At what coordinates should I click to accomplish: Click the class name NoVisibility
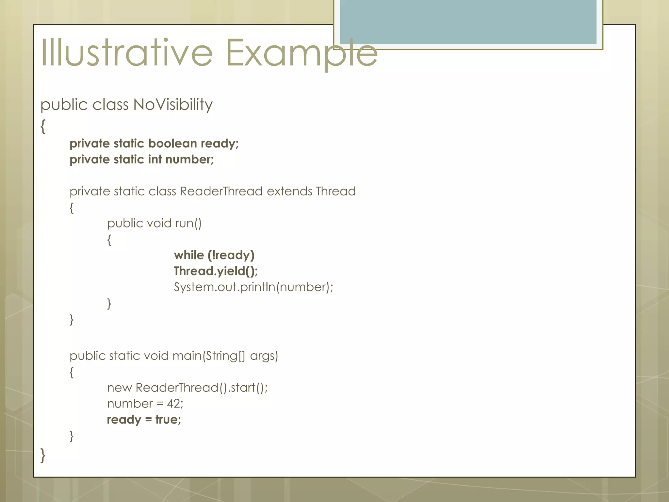click(173, 105)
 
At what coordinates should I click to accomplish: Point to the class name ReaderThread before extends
click(221, 191)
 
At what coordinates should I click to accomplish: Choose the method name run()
click(188, 223)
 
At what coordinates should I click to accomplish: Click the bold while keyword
click(189, 255)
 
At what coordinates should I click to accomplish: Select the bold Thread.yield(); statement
click(216, 271)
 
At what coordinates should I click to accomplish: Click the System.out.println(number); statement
click(253, 287)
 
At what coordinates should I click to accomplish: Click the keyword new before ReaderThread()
click(119, 388)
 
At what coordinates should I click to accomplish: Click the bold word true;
click(168, 420)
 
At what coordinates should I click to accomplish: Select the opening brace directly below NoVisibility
click(43, 126)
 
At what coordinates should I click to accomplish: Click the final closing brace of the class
click(43, 455)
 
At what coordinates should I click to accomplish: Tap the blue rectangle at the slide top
click(468, 22)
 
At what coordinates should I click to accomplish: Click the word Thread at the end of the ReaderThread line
click(335, 191)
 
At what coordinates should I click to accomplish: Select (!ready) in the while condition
click(231, 255)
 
